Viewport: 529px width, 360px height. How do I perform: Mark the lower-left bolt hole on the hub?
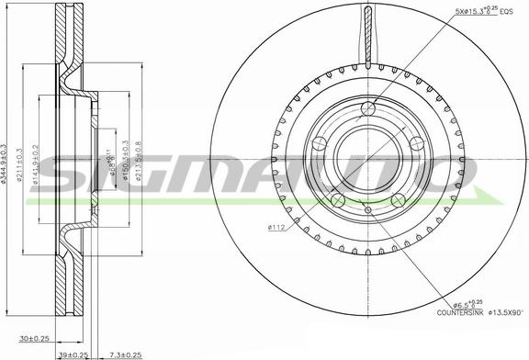click(338, 200)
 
